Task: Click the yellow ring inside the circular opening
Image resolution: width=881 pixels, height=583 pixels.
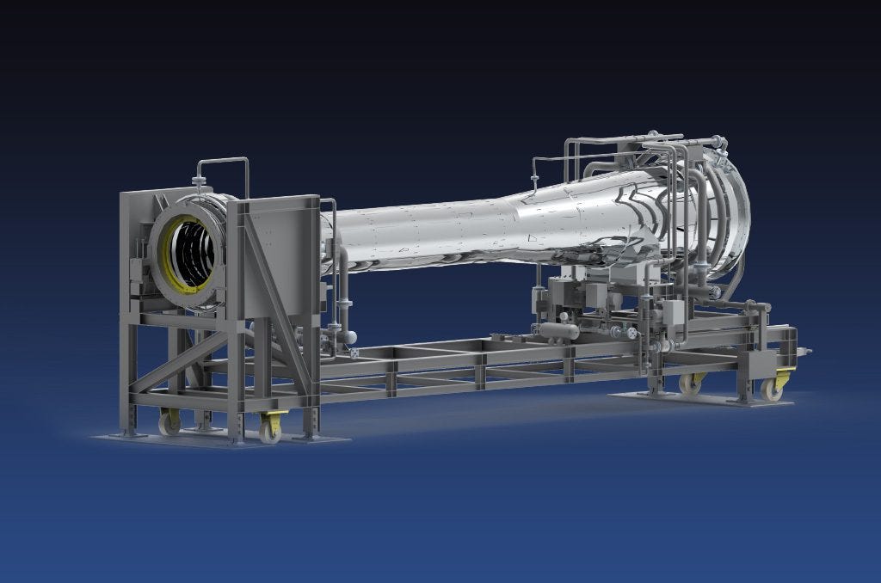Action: [x=165, y=249]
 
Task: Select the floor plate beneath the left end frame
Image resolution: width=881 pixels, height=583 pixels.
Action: [x=215, y=439]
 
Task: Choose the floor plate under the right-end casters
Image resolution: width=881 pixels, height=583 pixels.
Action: [x=688, y=399]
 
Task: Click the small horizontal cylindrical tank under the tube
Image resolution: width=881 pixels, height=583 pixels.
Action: [x=559, y=330]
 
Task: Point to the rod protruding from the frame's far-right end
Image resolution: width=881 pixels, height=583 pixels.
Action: [x=804, y=351]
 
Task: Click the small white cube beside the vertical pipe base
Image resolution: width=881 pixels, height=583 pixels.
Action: [x=354, y=352]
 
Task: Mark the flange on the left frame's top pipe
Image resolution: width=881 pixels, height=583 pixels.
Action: [x=200, y=181]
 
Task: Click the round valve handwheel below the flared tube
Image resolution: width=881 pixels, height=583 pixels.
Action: [x=632, y=332]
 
